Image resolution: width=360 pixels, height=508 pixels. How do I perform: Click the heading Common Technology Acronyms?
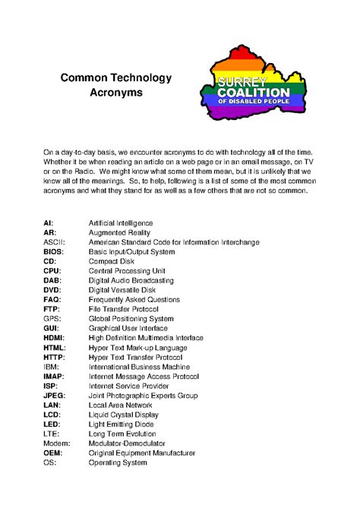pyautogui.click(x=116, y=85)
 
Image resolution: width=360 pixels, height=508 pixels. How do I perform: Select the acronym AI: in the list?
pyautogui.click(x=48, y=222)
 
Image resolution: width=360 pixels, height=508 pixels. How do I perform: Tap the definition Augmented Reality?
pyautogui.click(x=120, y=232)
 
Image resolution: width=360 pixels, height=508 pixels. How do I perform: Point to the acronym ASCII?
pyautogui.click(x=54, y=242)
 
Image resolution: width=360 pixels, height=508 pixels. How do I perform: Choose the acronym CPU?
pyautogui.click(x=52, y=270)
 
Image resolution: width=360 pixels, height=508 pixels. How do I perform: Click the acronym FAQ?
pyautogui.click(x=52, y=299)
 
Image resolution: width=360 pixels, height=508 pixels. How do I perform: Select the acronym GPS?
pyautogui.click(x=52, y=319)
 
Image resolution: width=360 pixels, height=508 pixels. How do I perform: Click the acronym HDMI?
pyautogui.click(x=54, y=338)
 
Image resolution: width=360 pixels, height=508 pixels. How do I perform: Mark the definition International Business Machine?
pyautogui.click(x=139, y=367)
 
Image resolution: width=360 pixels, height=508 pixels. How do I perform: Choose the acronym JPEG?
pyautogui.click(x=54, y=396)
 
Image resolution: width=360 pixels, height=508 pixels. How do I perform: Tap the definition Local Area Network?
pyautogui.click(x=120, y=405)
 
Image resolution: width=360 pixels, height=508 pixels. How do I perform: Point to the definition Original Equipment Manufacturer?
pyautogui.click(x=141, y=453)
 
